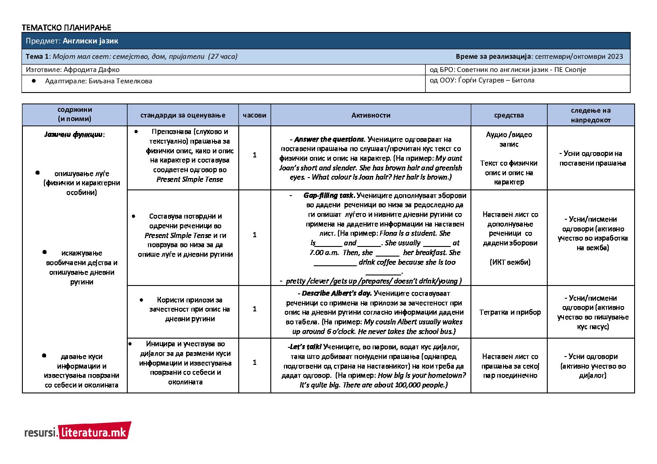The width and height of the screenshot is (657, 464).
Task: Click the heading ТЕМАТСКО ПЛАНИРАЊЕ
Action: [x=66, y=28]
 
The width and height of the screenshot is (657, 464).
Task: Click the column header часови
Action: [x=255, y=115]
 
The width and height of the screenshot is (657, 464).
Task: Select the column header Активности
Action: [x=370, y=115]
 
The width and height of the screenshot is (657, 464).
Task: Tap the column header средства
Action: [x=509, y=115]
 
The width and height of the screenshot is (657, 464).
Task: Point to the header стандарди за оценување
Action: [x=183, y=115]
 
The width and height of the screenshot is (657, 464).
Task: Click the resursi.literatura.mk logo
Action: [x=78, y=432]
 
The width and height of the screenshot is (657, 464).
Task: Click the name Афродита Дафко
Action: [x=91, y=69]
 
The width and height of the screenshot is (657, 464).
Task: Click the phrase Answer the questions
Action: [x=329, y=139]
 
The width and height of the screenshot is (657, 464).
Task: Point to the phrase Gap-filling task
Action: [x=329, y=196]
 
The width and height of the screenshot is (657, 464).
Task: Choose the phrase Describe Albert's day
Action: [x=337, y=293]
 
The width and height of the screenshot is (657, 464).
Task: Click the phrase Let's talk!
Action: [x=305, y=347]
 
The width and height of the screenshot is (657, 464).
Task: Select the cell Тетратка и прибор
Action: [x=510, y=312]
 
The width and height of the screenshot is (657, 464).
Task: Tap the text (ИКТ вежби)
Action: [x=510, y=262]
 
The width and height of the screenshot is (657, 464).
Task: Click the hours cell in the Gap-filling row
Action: [x=255, y=235]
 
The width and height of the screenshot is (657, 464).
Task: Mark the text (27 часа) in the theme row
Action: [x=223, y=56]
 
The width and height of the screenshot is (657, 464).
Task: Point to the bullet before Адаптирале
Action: [x=34, y=81]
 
